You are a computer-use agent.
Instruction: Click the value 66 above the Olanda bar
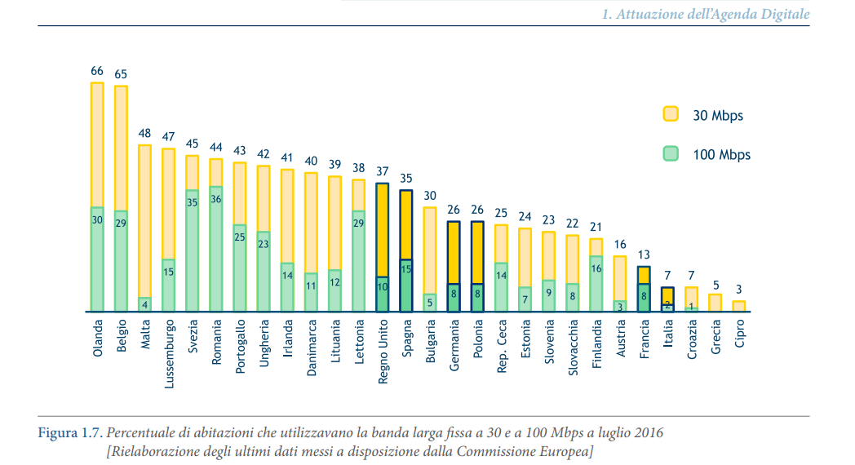click(x=97, y=71)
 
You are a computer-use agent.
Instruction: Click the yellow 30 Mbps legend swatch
click(x=671, y=115)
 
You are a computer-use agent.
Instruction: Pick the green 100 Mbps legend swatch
click(x=671, y=154)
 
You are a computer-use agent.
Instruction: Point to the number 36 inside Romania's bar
click(x=216, y=199)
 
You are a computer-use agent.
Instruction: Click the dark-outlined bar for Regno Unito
click(x=382, y=245)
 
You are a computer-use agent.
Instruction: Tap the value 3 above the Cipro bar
click(x=738, y=290)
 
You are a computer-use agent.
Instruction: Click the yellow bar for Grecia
click(x=715, y=303)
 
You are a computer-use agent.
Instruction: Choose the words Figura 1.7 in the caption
click(x=69, y=433)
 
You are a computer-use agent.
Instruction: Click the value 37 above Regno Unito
click(x=382, y=171)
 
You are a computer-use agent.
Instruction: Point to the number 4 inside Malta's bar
click(x=145, y=304)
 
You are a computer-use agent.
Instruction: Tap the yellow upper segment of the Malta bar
click(x=145, y=220)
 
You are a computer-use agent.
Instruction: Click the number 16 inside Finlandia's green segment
click(x=596, y=268)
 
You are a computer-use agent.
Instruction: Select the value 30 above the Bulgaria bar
click(x=429, y=196)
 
